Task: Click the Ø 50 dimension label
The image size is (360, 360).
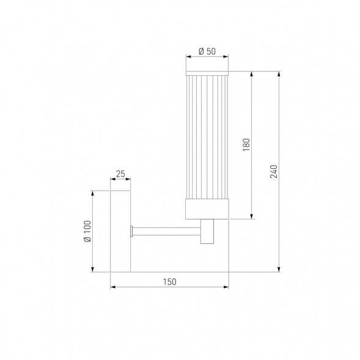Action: click(207, 51)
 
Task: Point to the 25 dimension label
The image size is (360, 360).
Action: click(120, 174)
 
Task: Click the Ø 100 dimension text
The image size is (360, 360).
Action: click(87, 232)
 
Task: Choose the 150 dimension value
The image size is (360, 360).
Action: click(169, 282)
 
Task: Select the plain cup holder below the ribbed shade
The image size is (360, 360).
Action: click(207, 210)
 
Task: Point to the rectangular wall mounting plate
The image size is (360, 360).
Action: click(120, 230)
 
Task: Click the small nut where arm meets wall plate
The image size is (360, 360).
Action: click(133, 230)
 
